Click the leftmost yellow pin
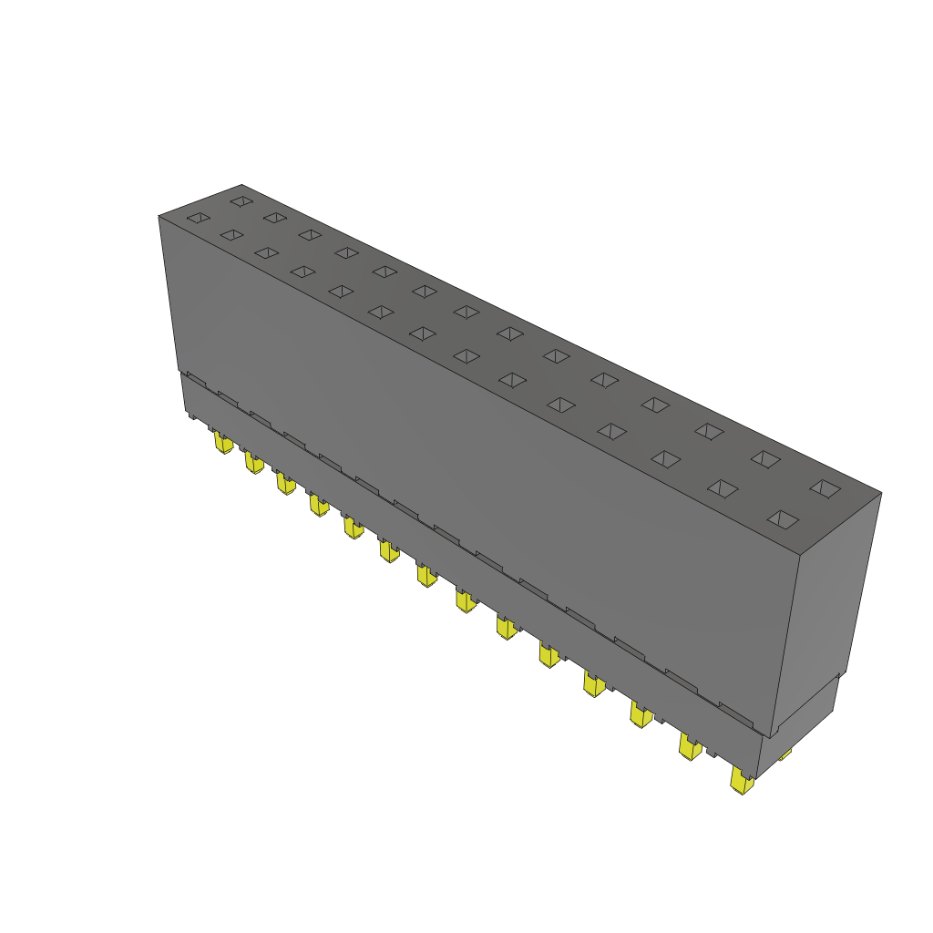point(222,443)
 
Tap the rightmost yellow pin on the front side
point(742,781)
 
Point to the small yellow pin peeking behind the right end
point(784,754)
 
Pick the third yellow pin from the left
point(285,483)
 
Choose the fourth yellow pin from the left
point(318,505)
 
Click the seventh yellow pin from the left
point(425,575)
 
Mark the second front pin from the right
point(690,747)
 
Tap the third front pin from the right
point(641,714)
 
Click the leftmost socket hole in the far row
point(241,200)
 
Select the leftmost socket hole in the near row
point(198,218)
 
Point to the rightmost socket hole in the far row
point(825,488)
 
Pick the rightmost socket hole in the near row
point(782,519)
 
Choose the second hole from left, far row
point(274,217)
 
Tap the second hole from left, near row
point(231,235)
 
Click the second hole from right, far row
point(765,459)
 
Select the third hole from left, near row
point(266,252)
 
